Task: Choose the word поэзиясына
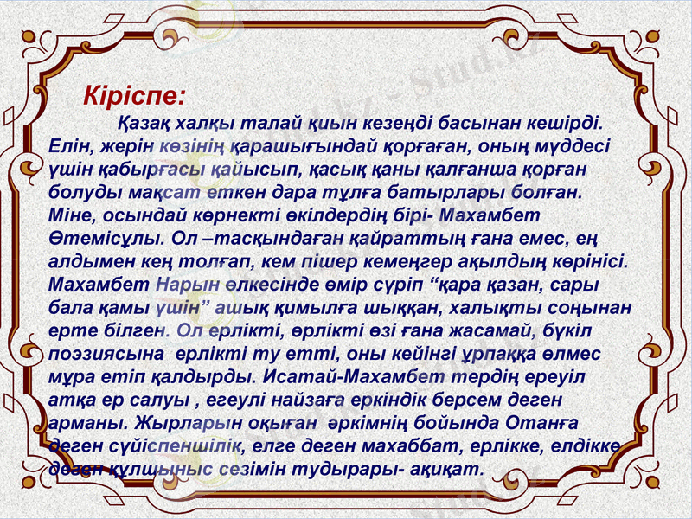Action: (x=106, y=355)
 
